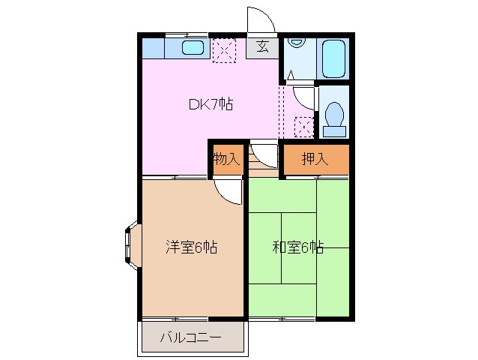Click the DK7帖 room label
click(210, 104)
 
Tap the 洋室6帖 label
click(191, 247)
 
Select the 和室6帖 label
click(297, 247)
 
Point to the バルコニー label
click(190, 337)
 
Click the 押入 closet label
click(315, 158)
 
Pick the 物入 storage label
click(226, 158)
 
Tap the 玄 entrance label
click(263, 46)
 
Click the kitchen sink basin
click(193, 49)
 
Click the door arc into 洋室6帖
click(229, 190)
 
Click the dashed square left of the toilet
click(304, 127)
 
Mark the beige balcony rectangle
click(191, 339)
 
